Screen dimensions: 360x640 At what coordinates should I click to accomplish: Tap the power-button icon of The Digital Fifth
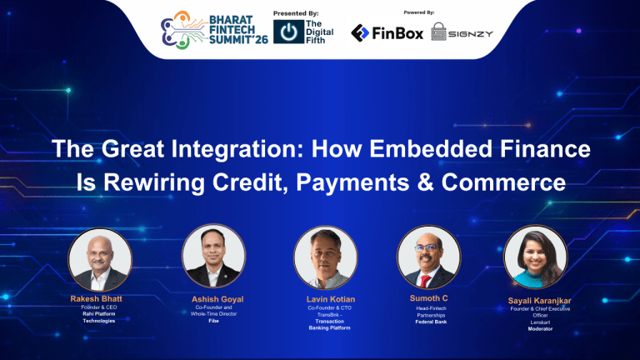(288, 34)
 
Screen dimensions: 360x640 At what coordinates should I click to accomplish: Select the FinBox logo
(387, 33)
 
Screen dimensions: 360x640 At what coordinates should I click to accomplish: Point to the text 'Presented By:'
(296, 12)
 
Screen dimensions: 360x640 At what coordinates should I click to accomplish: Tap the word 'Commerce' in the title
(512, 181)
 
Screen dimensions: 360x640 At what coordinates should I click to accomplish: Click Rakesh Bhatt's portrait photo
(99, 259)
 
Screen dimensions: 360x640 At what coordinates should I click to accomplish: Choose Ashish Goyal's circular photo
(213, 257)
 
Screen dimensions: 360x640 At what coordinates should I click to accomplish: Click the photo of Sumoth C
(427, 257)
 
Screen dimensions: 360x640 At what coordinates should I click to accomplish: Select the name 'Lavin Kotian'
(329, 298)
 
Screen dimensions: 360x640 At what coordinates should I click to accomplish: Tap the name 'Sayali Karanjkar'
(539, 300)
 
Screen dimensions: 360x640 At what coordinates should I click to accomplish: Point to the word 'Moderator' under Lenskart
(539, 329)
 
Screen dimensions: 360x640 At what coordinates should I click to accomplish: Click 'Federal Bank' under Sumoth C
(430, 322)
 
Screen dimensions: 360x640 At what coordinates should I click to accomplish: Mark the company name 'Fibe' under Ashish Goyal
(213, 321)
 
